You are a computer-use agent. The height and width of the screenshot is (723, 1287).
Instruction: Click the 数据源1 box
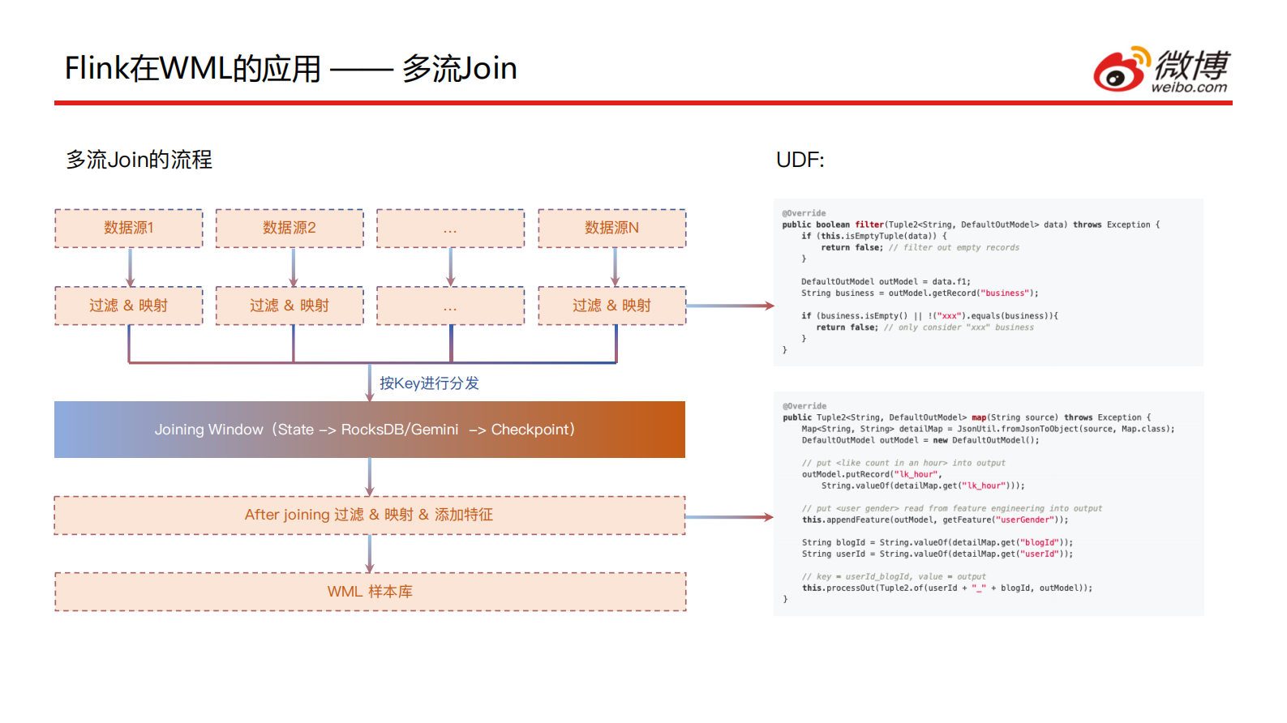click(129, 229)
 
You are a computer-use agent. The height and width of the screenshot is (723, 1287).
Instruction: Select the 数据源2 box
click(290, 229)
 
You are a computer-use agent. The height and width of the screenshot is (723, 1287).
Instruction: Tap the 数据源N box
click(612, 229)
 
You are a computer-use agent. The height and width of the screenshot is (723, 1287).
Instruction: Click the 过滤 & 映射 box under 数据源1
click(129, 306)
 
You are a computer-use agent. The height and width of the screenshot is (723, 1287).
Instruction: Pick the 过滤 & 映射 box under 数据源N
click(612, 306)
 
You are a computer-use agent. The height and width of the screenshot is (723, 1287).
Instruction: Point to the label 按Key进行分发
click(429, 383)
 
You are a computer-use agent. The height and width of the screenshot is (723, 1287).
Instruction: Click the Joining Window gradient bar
click(370, 430)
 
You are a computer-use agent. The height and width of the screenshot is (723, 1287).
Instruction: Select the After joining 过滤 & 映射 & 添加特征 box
click(370, 516)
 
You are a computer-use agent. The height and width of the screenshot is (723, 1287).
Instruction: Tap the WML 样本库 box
click(370, 592)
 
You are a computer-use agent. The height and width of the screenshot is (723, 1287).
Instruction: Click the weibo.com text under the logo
click(1189, 88)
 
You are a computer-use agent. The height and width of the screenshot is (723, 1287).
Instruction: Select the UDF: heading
click(800, 160)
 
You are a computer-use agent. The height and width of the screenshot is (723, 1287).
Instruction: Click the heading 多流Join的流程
click(139, 160)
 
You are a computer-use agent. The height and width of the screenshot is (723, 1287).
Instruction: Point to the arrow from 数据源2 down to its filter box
click(293, 267)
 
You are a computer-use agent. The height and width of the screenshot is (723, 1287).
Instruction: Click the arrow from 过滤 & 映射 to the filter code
click(729, 306)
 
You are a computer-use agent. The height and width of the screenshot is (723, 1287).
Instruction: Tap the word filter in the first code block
click(869, 225)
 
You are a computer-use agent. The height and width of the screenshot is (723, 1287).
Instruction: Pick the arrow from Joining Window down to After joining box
click(370, 477)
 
